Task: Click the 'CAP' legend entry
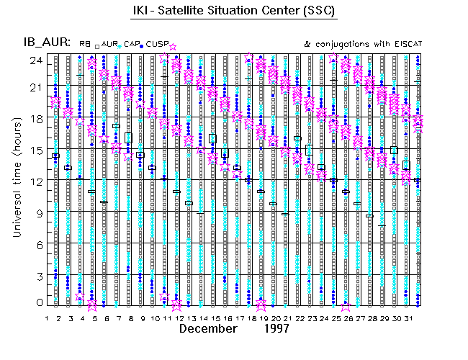(132, 45)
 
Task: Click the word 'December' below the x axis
(208, 328)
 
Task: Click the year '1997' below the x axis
(276, 328)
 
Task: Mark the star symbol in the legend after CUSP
(172, 47)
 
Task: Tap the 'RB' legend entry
(85, 45)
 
